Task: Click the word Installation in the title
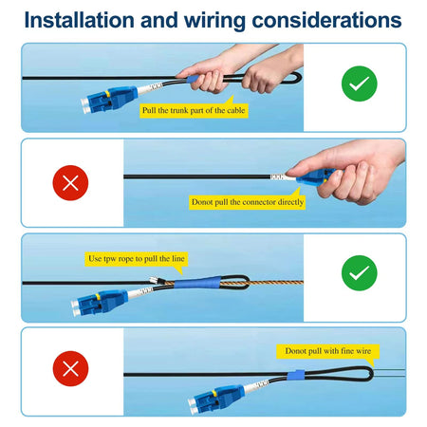pos(80,20)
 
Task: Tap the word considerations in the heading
pos(326,20)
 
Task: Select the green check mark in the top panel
pos(360,84)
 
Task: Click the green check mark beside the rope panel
pos(360,272)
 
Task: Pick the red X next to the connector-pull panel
pos(70,183)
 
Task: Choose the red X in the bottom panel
pos(70,368)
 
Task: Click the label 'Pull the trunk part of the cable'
pos(194,110)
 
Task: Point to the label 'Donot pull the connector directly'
pos(248,202)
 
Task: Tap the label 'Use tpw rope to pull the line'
pos(137,259)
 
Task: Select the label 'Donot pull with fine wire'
pos(328,351)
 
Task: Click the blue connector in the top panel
pos(109,100)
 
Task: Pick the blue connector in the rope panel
pos(100,302)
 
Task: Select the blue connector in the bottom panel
pos(216,399)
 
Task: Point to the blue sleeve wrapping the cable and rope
pos(197,283)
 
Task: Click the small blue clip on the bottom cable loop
pos(296,375)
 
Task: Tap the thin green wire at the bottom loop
pos(389,373)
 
